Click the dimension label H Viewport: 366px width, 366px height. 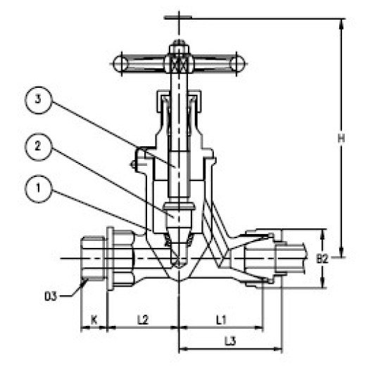340,139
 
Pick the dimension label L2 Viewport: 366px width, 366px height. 141,320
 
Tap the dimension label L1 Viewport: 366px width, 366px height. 220,320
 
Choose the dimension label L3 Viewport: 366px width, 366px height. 229,341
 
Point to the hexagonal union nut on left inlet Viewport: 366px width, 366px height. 93,259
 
